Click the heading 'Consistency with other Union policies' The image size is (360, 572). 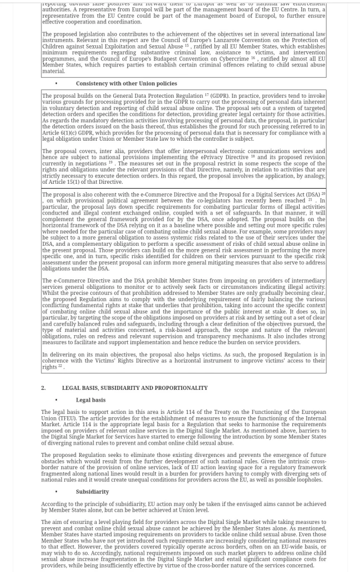(x=126, y=84)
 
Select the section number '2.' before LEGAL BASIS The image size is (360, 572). (x=44, y=388)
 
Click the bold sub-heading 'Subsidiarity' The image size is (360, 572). (x=92, y=492)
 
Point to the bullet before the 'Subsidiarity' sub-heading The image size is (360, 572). (x=56, y=492)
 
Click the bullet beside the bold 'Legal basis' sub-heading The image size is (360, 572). (x=56, y=400)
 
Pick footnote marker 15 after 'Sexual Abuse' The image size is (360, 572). (x=187, y=45)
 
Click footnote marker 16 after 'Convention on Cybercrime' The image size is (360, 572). (x=253, y=58)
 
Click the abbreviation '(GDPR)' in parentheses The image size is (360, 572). (x=219, y=96)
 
